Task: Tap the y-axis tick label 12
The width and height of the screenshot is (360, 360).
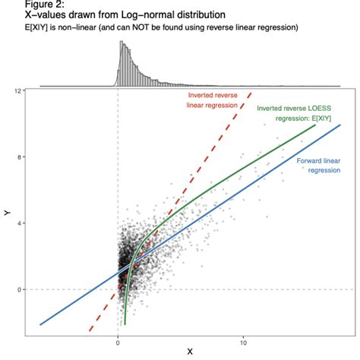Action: coord(17,91)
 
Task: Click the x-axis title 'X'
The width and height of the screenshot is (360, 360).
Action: coord(189,352)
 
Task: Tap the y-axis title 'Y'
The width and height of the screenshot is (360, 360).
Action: coord(7,215)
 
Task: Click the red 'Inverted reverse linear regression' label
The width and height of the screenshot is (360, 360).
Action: coord(211,100)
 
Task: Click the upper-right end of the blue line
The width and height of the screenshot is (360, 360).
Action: coord(340,125)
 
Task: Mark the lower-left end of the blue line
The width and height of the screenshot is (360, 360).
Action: coord(40,324)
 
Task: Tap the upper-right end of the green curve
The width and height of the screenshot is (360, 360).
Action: coord(314,125)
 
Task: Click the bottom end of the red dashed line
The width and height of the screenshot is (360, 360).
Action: coord(90,331)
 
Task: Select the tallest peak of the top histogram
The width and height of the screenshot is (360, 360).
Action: coord(121,44)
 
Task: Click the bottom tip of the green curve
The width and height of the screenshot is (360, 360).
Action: coord(125,324)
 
